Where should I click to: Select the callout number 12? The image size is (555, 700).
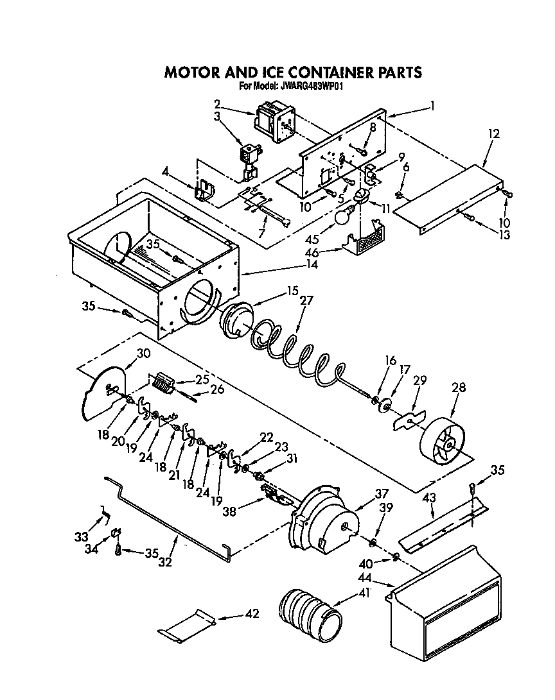coord(493,133)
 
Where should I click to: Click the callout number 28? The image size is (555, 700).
coord(459,388)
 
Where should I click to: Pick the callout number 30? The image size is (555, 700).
coord(143,352)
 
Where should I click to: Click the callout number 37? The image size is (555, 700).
coord(382,493)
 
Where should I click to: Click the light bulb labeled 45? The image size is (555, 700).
coord(345,217)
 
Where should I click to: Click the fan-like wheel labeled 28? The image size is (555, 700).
coord(444,442)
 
